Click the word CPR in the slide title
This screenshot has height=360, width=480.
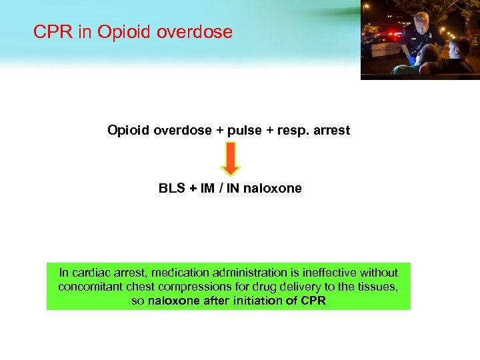pyautogui.click(x=53, y=31)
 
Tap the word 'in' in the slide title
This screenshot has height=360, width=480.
pyautogui.click(x=85, y=31)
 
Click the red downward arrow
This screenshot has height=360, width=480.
pyautogui.click(x=230, y=158)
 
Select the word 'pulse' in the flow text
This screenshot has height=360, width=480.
pyautogui.click(x=243, y=131)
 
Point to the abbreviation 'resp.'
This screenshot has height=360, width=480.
pyautogui.click(x=288, y=131)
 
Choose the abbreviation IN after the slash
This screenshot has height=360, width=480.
pyautogui.click(x=231, y=188)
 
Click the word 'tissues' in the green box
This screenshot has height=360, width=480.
pyautogui.click(x=380, y=286)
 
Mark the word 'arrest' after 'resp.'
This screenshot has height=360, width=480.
pyautogui.click(x=327, y=131)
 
